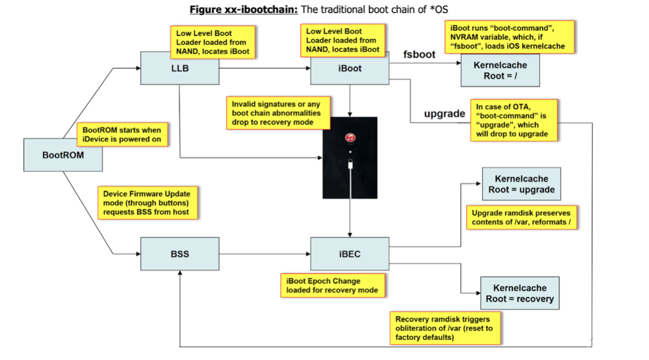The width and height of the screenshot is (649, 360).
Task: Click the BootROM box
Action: click(63, 155)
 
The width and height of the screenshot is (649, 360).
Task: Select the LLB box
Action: click(180, 68)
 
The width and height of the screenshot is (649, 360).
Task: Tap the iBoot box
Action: click(350, 68)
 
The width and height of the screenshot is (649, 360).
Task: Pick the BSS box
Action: click(180, 254)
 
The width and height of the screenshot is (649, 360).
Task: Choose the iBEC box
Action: click(350, 254)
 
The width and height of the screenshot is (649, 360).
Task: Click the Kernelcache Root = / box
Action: click(500, 71)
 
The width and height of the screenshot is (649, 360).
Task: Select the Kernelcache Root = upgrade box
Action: click(522, 184)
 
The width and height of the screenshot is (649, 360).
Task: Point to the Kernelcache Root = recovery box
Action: click(520, 293)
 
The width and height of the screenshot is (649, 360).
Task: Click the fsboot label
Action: click(419, 54)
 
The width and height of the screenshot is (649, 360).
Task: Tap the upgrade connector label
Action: click(445, 113)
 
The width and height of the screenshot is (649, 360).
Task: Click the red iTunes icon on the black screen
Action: click(350, 138)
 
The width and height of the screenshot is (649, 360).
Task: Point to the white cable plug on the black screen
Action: click(350, 164)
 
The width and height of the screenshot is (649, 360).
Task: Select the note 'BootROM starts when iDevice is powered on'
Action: click(122, 134)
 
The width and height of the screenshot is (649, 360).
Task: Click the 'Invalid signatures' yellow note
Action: click(278, 113)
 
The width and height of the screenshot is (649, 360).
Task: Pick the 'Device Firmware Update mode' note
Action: click(147, 203)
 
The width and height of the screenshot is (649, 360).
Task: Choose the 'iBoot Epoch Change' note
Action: click(332, 285)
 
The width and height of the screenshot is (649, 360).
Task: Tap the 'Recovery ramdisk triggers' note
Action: click(445, 328)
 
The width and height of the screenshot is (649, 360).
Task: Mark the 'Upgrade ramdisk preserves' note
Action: click(521, 217)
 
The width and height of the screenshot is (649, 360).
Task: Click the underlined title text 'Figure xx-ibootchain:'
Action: click(244, 10)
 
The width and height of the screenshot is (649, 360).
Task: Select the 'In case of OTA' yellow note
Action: click(514, 120)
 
